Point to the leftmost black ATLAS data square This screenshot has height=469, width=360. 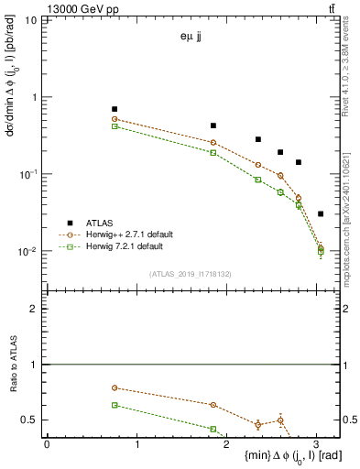(x=115, y=109)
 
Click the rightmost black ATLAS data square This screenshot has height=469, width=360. (x=321, y=213)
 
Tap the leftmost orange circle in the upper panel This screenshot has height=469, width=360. (x=115, y=119)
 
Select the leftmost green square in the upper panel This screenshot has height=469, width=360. (x=115, y=126)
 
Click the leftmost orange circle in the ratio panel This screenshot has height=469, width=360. (x=115, y=387)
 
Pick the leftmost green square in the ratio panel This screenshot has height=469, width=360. (x=115, y=404)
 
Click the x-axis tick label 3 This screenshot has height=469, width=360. (x=317, y=444)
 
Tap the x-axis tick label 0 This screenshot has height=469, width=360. (x=47, y=444)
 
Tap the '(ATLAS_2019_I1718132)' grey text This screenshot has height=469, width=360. (x=191, y=273)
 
